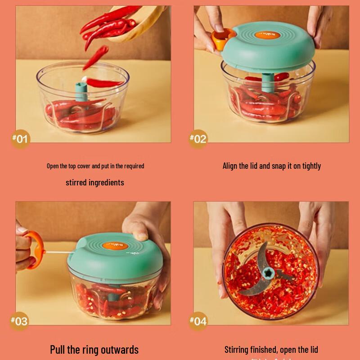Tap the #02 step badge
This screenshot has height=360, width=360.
point(198,138)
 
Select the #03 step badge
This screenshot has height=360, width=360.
point(19,321)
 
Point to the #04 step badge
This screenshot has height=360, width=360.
point(198,321)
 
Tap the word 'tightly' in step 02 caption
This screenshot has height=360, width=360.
point(311,166)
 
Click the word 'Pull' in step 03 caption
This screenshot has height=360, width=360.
point(58,349)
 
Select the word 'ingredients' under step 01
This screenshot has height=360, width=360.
point(106,182)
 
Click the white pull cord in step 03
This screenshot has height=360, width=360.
point(57,253)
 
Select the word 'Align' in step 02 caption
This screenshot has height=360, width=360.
point(230,166)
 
